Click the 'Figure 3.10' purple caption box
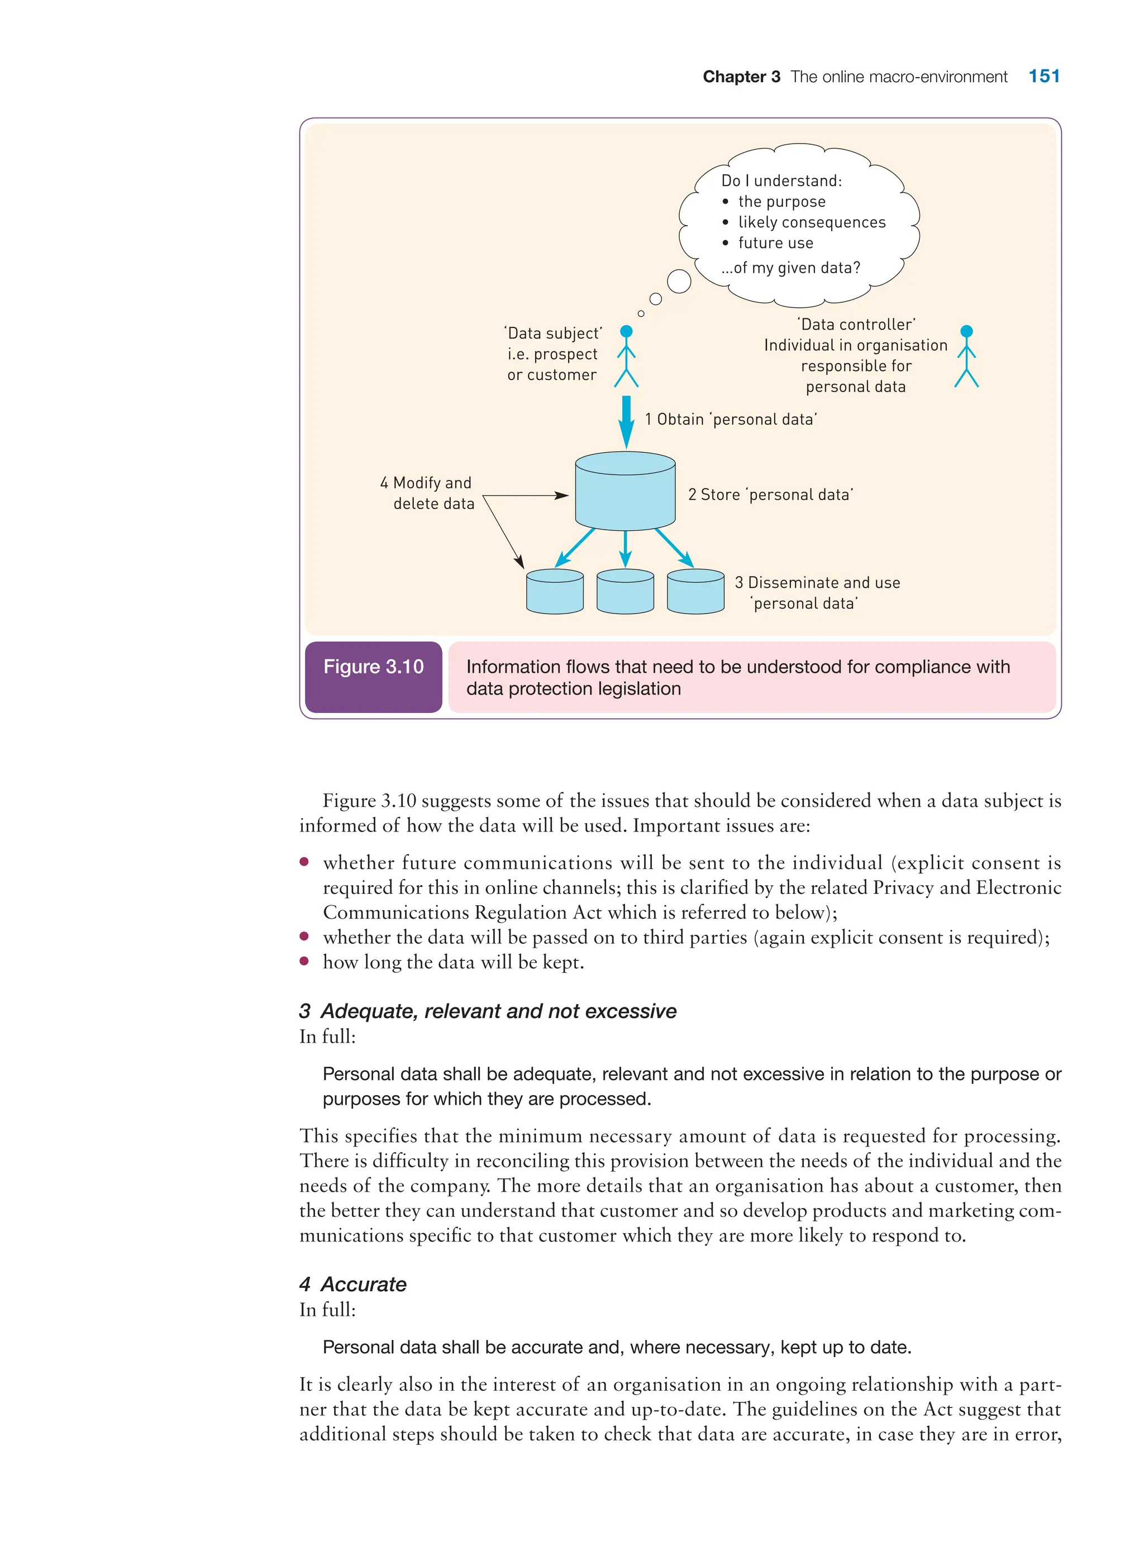pyautogui.click(x=373, y=676)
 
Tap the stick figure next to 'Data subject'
pyautogui.click(x=626, y=356)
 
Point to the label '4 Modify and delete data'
pyautogui.click(x=427, y=493)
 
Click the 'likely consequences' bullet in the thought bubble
pyautogui.click(x=811, y=222)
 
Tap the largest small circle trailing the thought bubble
pyautogui.click(x=679, y=281)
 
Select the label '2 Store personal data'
pyautogui.click(x=770, y=494)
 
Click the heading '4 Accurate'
pyautogui.click(x=353, y=1284)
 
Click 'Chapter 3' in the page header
pyautogui.click(x=741, y=77)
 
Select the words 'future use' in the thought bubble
pyautogui.click(x=775, y=243)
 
